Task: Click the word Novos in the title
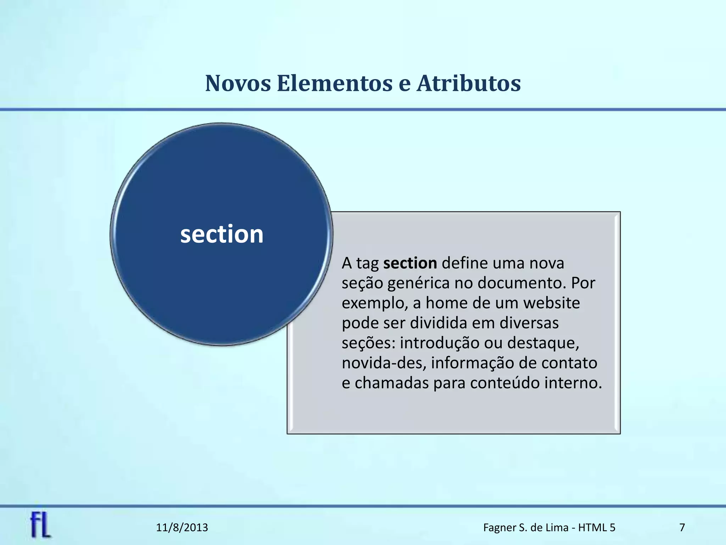point(238,84)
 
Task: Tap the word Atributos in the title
point(468,84)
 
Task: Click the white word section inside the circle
point(222,235)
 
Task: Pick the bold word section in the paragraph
point(410,263)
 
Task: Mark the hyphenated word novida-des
point(384,363)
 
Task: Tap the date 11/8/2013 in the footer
point(182,528)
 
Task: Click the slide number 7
point(682,528)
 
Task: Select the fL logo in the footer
point(40,525)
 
